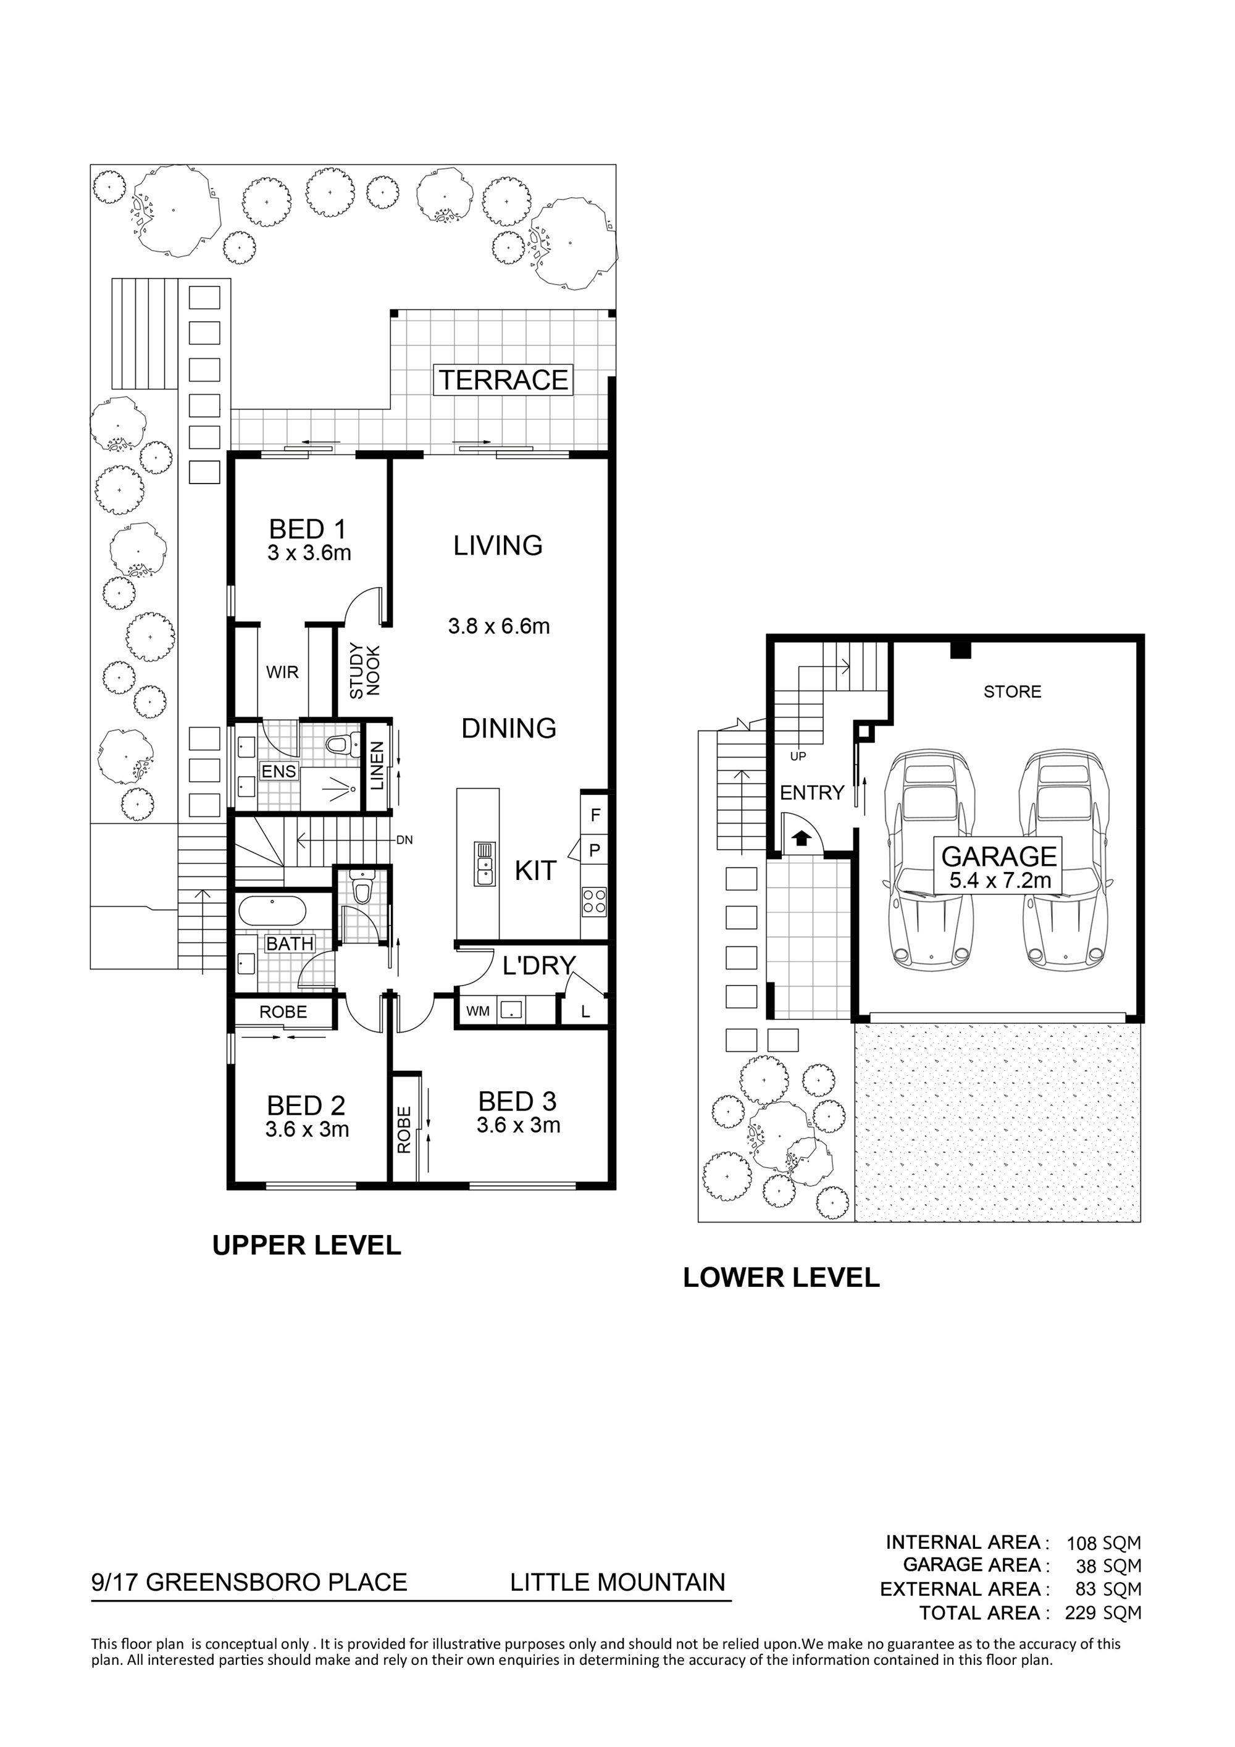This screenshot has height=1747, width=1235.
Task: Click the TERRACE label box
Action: point(503,380)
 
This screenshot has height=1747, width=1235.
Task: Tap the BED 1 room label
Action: point(308,528)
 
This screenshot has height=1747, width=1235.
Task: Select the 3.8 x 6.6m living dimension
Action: point(498,626)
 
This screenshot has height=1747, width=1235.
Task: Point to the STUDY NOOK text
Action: point(364,671)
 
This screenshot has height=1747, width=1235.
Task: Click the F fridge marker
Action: point(595,816)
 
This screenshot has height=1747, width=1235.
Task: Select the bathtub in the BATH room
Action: point(272,911)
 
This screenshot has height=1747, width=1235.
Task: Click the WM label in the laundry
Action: point(477,1012)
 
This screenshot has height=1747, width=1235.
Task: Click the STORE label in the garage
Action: point(1012,692)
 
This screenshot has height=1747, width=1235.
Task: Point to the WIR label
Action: point(282,672)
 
